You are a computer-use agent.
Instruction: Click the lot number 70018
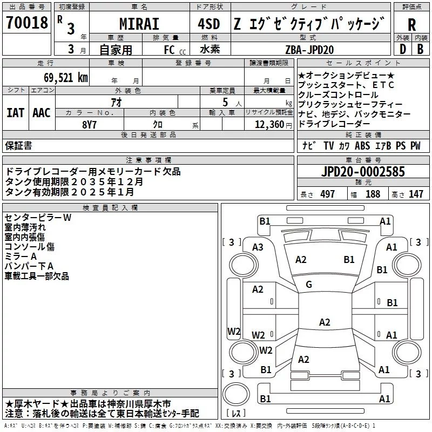(x=27, y=23)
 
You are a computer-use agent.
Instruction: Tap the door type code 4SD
(x=210, y=24)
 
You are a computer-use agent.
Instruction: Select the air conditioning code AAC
(x=42, y=113)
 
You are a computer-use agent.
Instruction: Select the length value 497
(x=327, y=194)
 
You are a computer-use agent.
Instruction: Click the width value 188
(x=373, y=194)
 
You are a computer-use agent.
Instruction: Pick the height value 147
(x=416, y=194)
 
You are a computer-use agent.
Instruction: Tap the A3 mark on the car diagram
(x=258, y=247)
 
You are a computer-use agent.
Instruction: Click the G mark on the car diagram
(x=309, y=285)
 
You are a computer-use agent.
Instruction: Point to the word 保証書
(x=18, y=146)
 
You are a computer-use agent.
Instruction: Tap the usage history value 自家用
(x=116, y=50)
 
